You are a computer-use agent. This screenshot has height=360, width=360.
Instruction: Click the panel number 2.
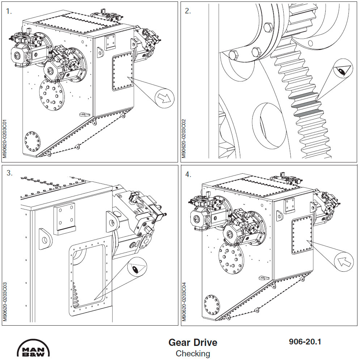pyautogui.click(x=188, y=11)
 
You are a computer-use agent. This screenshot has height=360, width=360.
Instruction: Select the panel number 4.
pyautogui.click(x=188, y=174)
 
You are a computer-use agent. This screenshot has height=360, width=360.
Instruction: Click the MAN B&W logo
pyautogui.click(x=34, y=348)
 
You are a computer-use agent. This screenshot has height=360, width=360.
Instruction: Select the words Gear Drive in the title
pyautogui.click(x=193, y=342)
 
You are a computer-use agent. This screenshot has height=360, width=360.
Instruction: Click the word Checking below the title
pyautogui.click(x=193, y=353)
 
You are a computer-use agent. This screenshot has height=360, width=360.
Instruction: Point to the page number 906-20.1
pyautogui.click(x=305, y=342)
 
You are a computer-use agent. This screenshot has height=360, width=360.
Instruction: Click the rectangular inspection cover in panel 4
pyautogui.click(x=301, y=234)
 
